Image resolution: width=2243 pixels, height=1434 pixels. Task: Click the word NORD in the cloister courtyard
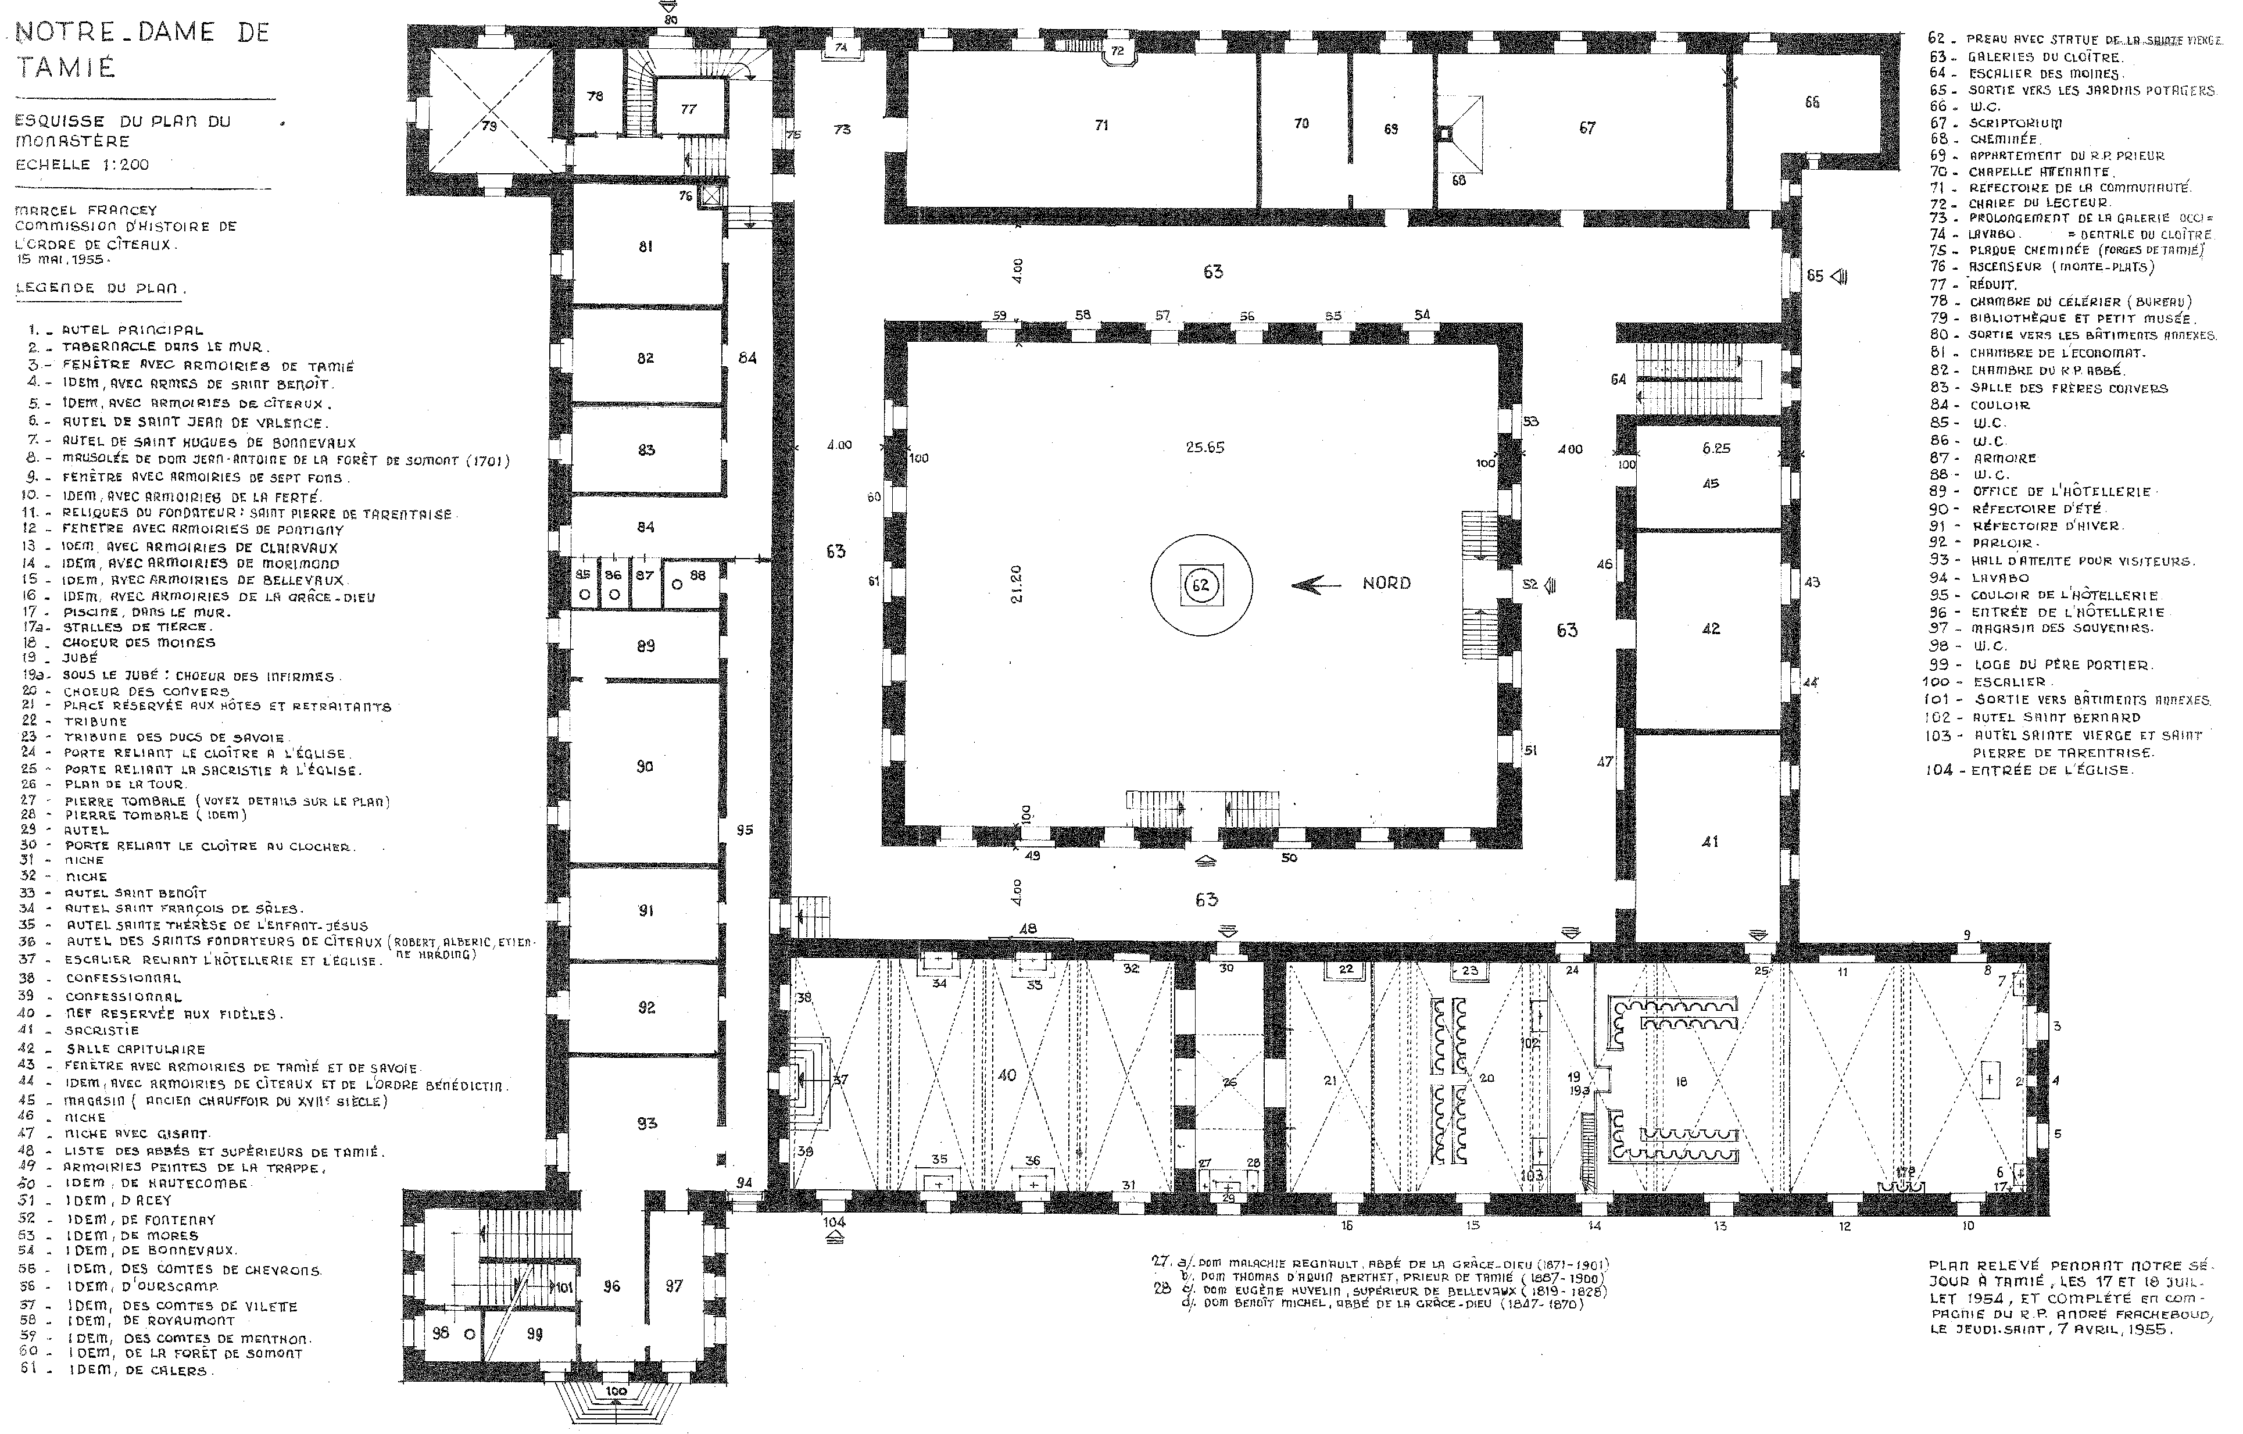click(1386, 583)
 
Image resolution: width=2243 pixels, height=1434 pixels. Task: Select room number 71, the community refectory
click(1101, 125)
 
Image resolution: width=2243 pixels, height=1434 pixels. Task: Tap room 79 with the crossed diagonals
click(489, 125)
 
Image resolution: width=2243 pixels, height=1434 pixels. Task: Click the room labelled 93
click(646, 1124)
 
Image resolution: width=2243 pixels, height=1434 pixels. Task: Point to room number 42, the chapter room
click(1710, 629)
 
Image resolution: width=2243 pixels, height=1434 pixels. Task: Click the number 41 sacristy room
click(1709, 841)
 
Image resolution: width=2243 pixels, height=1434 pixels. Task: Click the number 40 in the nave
click(1007, 1075)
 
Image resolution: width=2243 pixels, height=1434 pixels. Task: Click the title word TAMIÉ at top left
click(66, 67)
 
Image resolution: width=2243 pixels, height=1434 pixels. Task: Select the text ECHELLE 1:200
click(82, 165)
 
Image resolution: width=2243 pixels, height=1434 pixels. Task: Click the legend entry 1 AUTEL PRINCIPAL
click(121, 330)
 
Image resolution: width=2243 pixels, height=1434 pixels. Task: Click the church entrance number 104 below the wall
click(833, 1222)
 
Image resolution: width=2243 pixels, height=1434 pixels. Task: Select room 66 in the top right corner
click(1812, 102)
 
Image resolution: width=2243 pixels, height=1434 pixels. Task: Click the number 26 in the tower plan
click(1229, 1082)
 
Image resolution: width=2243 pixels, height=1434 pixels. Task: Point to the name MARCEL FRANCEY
click(85, 210)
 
